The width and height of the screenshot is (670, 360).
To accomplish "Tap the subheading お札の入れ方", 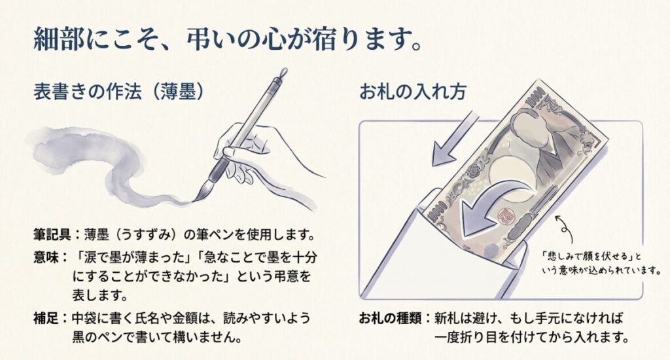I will [x=412, y=92].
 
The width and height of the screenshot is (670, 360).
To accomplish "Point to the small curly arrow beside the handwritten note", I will [x=564, y=226].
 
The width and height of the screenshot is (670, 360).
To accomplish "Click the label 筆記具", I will [x=53, y=234].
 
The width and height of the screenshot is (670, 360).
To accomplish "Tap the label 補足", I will [x=46, y=321].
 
